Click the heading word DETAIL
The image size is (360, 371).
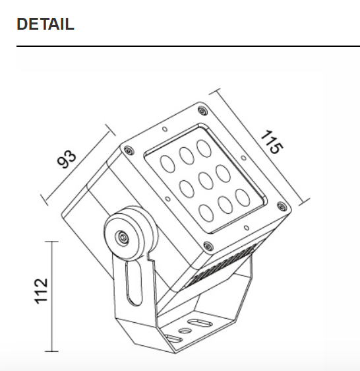[x=45, y=24]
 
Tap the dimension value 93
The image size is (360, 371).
[x=67, y=159]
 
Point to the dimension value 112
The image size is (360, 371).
[x=42, y=291]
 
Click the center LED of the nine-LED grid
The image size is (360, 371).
[x=204, y=180]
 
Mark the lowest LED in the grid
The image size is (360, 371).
[x=206, y=212]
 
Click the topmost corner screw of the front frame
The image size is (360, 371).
[x=202, y=110]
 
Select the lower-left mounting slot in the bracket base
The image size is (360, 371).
[x=174, y=339]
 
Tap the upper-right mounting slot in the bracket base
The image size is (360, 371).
[x=196, y=322]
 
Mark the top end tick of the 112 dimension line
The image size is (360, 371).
[x=53, y=242]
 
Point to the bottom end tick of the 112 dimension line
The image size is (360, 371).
[x=53, y=351]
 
